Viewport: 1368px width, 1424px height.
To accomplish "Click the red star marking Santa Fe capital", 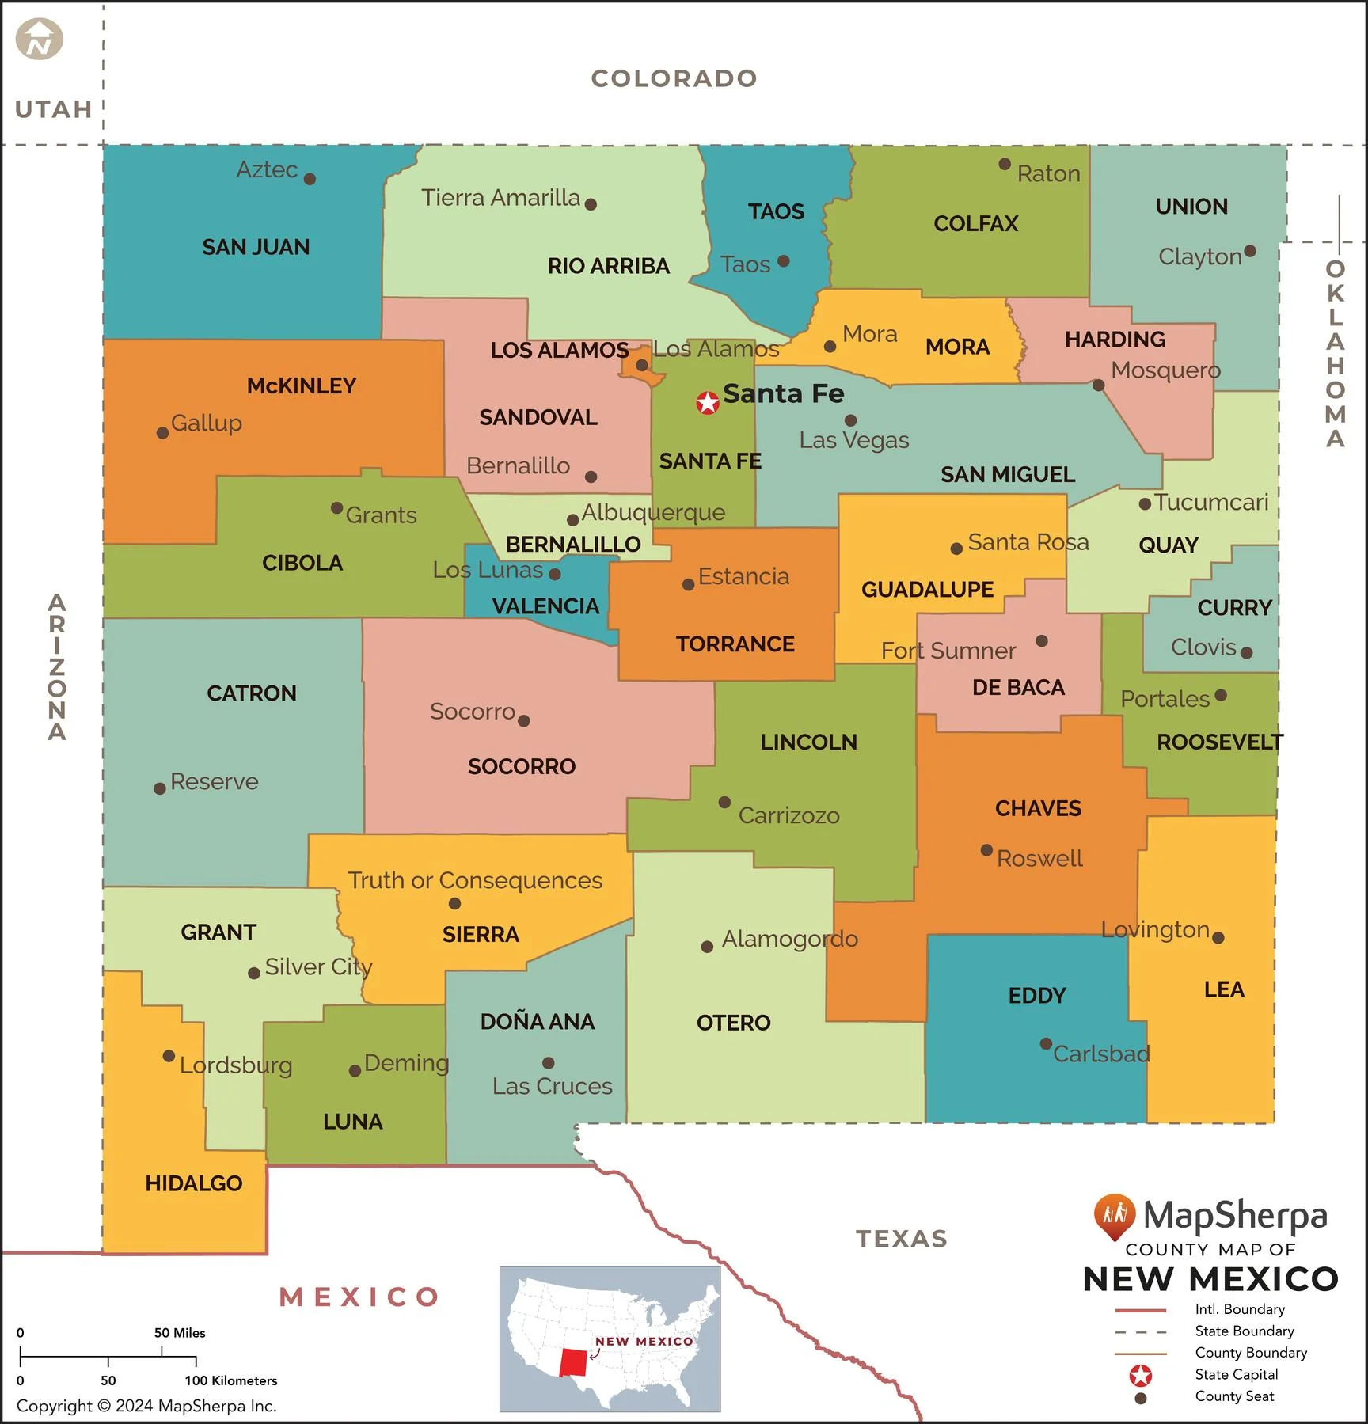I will [707, 403].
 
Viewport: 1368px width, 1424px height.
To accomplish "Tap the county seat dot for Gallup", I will [162, 433].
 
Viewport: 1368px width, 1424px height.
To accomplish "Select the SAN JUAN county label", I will [256, 247].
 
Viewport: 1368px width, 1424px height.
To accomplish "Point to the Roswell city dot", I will [986, 850].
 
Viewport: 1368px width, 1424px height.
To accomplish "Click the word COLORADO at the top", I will [674, 78].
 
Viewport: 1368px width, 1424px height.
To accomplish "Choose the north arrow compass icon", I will [39, 40].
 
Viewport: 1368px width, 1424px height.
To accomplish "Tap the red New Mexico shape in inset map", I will [574, 1362].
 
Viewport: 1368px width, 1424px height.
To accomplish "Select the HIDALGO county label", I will [194, 1183].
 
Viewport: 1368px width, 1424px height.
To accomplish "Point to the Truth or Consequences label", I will [475, 880].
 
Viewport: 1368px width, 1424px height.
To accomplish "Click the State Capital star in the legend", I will [1140, 1376].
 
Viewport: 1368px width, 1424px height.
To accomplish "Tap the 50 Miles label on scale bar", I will [180, 1333].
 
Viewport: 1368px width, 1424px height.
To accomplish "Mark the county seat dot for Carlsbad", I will [1046, 1043].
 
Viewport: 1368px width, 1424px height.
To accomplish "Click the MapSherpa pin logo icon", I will [1115, 1215].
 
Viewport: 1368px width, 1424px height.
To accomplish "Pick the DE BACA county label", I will [1018, 687].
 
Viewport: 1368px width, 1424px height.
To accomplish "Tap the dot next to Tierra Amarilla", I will [591, 204].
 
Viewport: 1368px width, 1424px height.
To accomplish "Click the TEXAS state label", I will [902, 1239].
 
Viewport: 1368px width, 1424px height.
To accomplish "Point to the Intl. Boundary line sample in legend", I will [1140, 1310].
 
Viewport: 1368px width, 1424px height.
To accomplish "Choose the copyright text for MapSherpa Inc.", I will [146, 1406].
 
